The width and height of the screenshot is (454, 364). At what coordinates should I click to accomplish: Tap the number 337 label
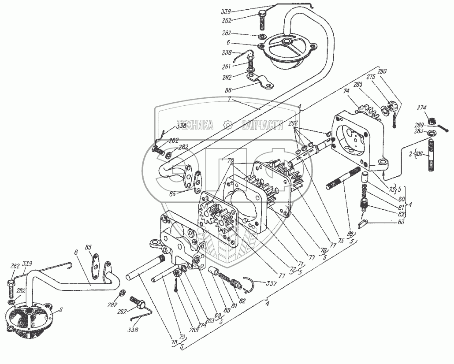tap(270, 283)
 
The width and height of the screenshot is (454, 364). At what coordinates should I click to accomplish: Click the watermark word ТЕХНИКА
tap(195, 125)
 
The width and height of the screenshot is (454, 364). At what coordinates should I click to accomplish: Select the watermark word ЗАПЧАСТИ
tap(262, 125)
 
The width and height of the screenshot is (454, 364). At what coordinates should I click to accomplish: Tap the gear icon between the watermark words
tap(228, 125)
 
